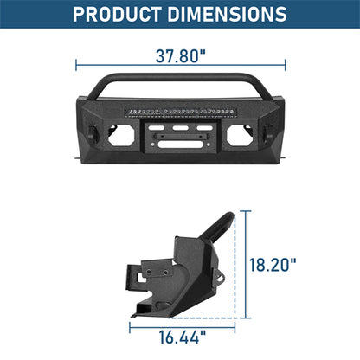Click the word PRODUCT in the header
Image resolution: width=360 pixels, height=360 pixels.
point(121,15)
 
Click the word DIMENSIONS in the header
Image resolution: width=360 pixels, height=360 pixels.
point(232,15)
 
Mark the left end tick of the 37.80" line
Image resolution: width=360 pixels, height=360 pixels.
point(76,62)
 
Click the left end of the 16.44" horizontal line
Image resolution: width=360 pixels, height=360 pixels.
point(131,330)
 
